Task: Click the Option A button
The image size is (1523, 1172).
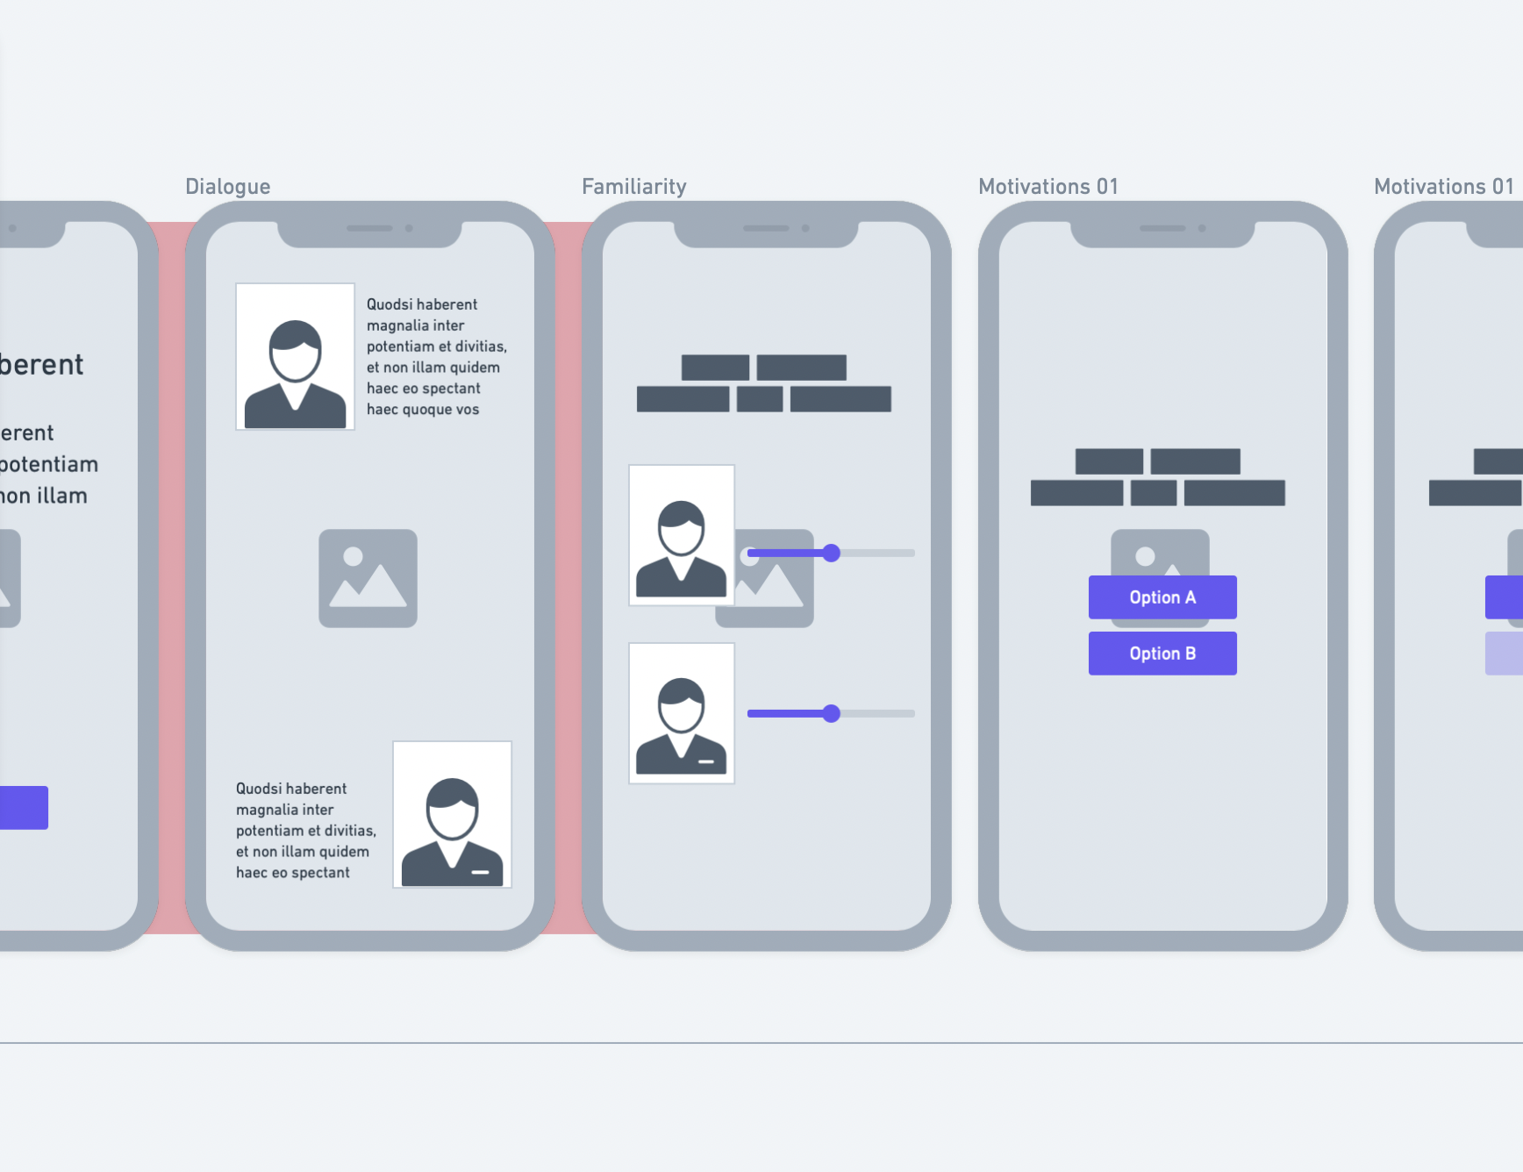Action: [1162, 597]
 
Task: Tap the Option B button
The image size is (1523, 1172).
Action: [1162, 654]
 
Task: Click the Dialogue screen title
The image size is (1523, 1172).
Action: [227, 187]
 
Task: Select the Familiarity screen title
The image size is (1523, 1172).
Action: [633, 187]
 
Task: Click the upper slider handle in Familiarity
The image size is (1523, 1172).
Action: [831, 553]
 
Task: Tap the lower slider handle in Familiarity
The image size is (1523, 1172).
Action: [831, 713]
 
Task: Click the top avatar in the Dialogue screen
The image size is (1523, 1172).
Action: [295, 356]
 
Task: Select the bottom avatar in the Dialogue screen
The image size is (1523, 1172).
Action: [452, 814]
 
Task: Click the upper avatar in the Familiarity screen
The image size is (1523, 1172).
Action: [681, 535]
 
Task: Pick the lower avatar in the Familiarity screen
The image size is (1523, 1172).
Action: [681, 712]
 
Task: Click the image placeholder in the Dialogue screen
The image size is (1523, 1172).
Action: [368, 578]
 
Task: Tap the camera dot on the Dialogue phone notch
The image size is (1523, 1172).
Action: [409, 228]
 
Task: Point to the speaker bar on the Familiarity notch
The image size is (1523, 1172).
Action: [765, 228]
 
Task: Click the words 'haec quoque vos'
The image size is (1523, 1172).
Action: [423, 410]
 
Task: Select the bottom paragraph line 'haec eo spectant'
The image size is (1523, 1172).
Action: [293, 873]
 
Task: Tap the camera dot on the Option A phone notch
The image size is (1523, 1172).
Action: [1202, 228]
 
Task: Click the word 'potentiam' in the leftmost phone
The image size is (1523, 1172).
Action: [49, 464]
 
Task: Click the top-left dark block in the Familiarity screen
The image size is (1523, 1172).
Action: [715, 368]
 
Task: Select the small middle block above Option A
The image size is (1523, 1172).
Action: [1153, 493]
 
